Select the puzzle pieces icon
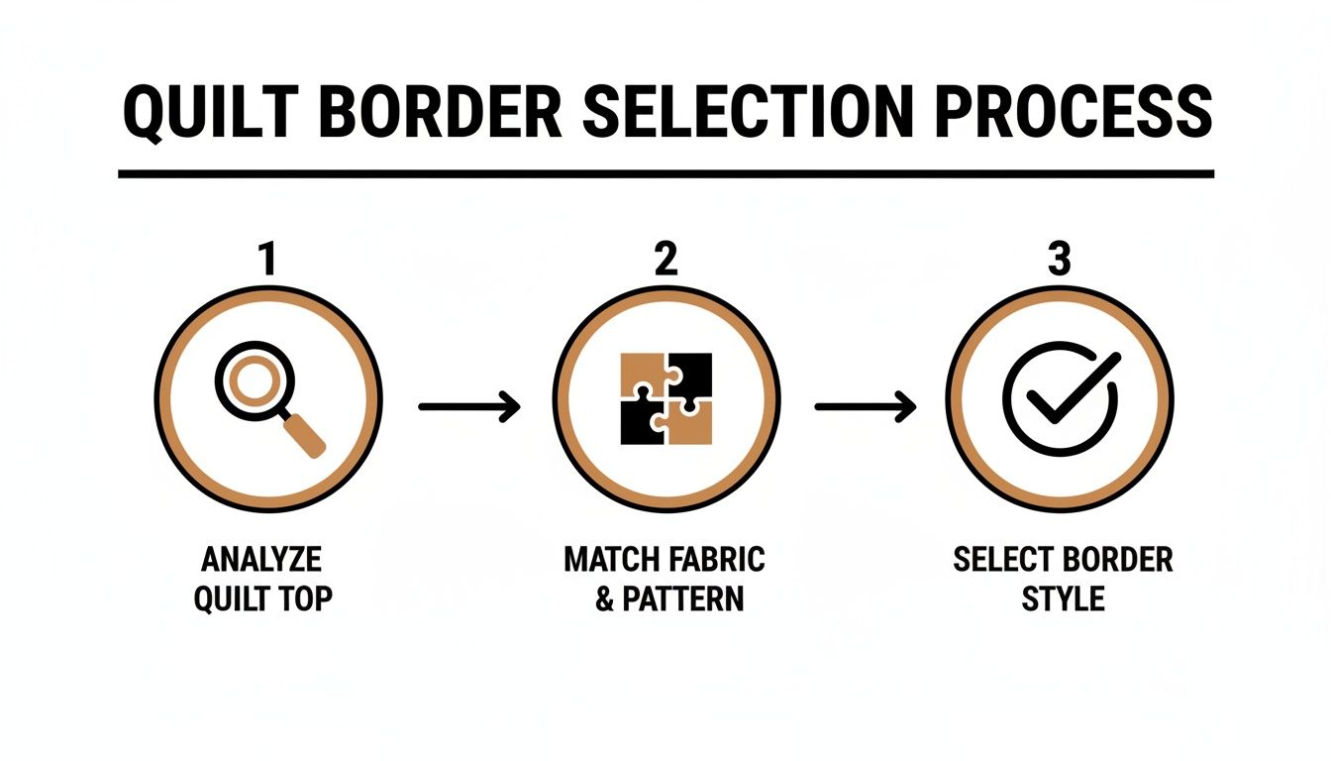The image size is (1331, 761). click(x=665, y=398)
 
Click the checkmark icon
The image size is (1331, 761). click(x=1061, y=399)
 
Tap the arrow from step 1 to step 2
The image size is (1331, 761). click(x=469, y=406)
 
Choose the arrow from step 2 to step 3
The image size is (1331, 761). click(x=865, y=406)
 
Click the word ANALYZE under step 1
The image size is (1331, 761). click(x=261, y=560)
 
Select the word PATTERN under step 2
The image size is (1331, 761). click(x=683, y=600)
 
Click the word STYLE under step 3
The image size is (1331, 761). click(x=1063, y=600)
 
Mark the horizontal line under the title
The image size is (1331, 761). click(x=665, y=174)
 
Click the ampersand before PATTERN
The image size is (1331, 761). click(x=605, y=600)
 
